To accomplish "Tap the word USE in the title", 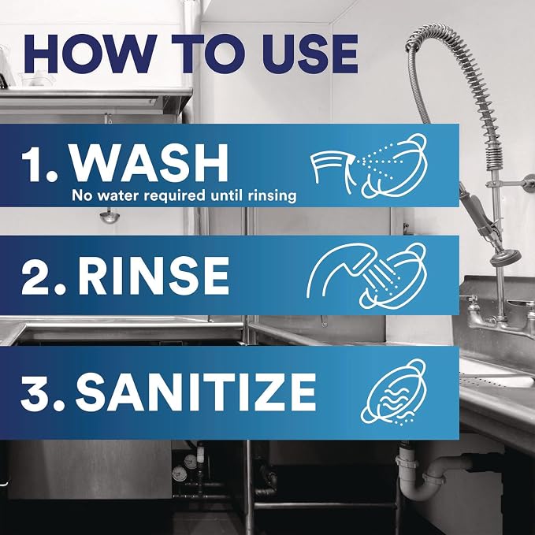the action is pyautogui.click(x=310, y=54).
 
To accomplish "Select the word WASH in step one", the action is pyautogui.click(x=149, y=163).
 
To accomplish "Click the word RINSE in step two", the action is pyautogui.click(x=153, y=275).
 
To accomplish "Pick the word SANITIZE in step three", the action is pyautogui.click(x=195, y=392).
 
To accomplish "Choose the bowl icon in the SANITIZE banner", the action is pyautogui.click(x=393, y=392).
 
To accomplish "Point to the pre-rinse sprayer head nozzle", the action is pyautogui.click(x=505, y=257).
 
